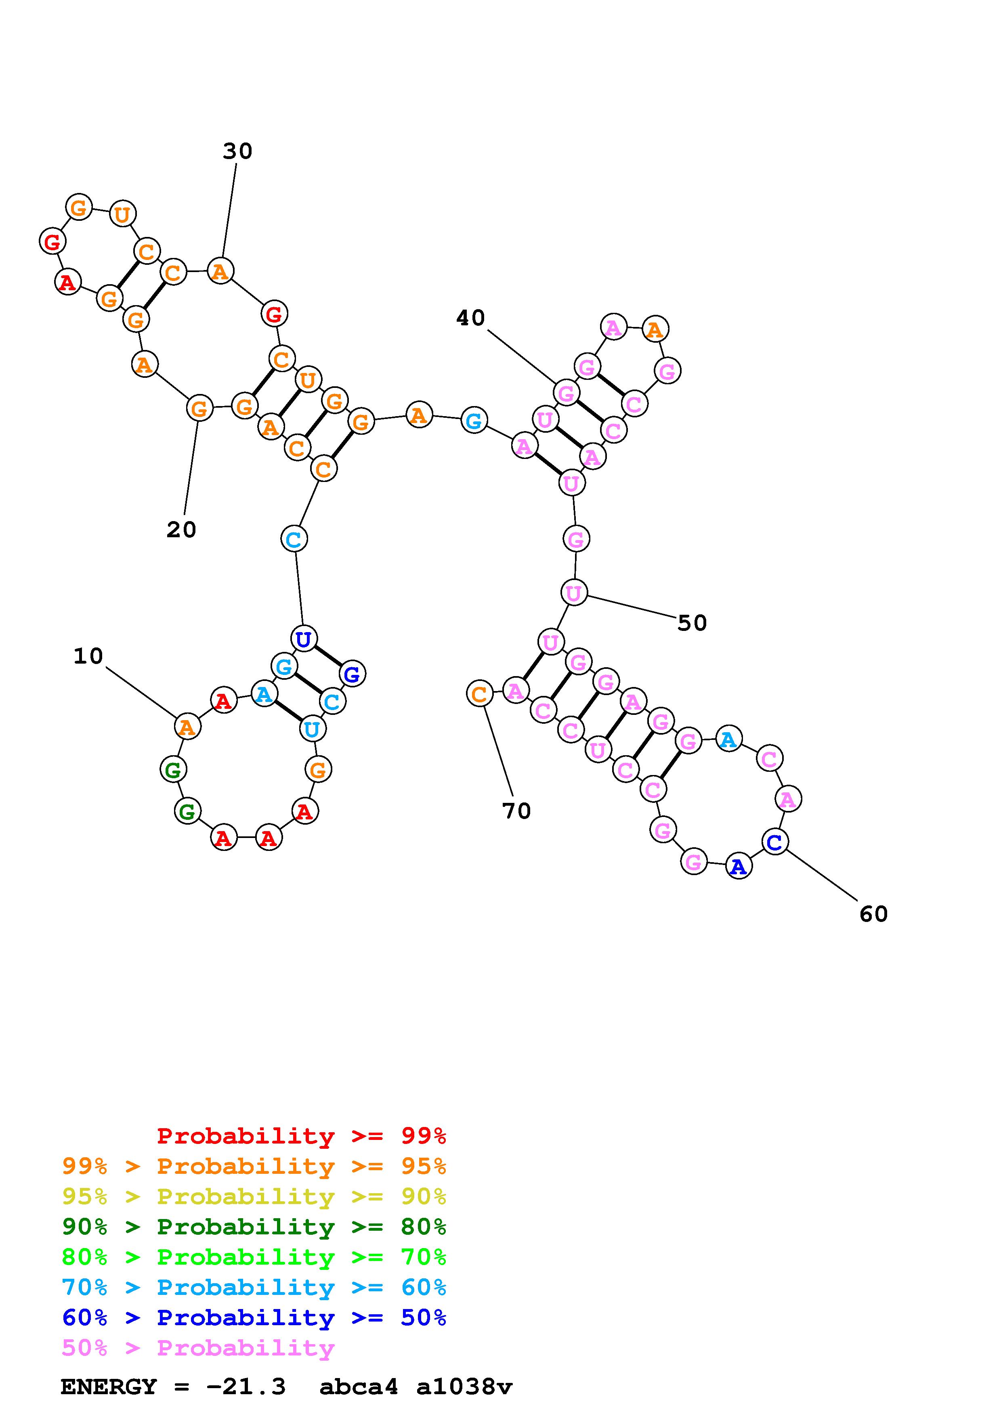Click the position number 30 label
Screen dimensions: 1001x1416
pyautogui.click(x=237, y=151)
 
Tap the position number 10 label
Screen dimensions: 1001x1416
pyautogui.click(x=88, y=656)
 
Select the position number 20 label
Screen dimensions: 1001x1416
pyautogui.click(x=181, y=530)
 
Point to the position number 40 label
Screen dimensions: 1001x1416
pyautogui.click(x=470, y=318)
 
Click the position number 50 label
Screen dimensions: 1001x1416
pyautogui.click(x=692, y=623)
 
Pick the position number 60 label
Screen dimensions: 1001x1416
pyautogui.click(x=873, y=914)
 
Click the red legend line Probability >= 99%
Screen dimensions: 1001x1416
pyautogui.click(x=302, y=1136)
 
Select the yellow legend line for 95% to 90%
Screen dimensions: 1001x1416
pyautogui.click(x=254, y=1196)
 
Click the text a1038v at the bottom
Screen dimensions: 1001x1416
pyautogui.click(x=464, y=1387)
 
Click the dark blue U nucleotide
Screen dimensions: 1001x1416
pyautogui.click(x=303, y=639)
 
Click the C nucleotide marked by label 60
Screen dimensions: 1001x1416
pyautogui.click(x=774, y=841)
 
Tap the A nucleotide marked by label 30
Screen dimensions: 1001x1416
pyautogui.click(x=220, y=271)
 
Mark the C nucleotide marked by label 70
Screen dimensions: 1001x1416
pyautogui.click(x=479, y=694)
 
